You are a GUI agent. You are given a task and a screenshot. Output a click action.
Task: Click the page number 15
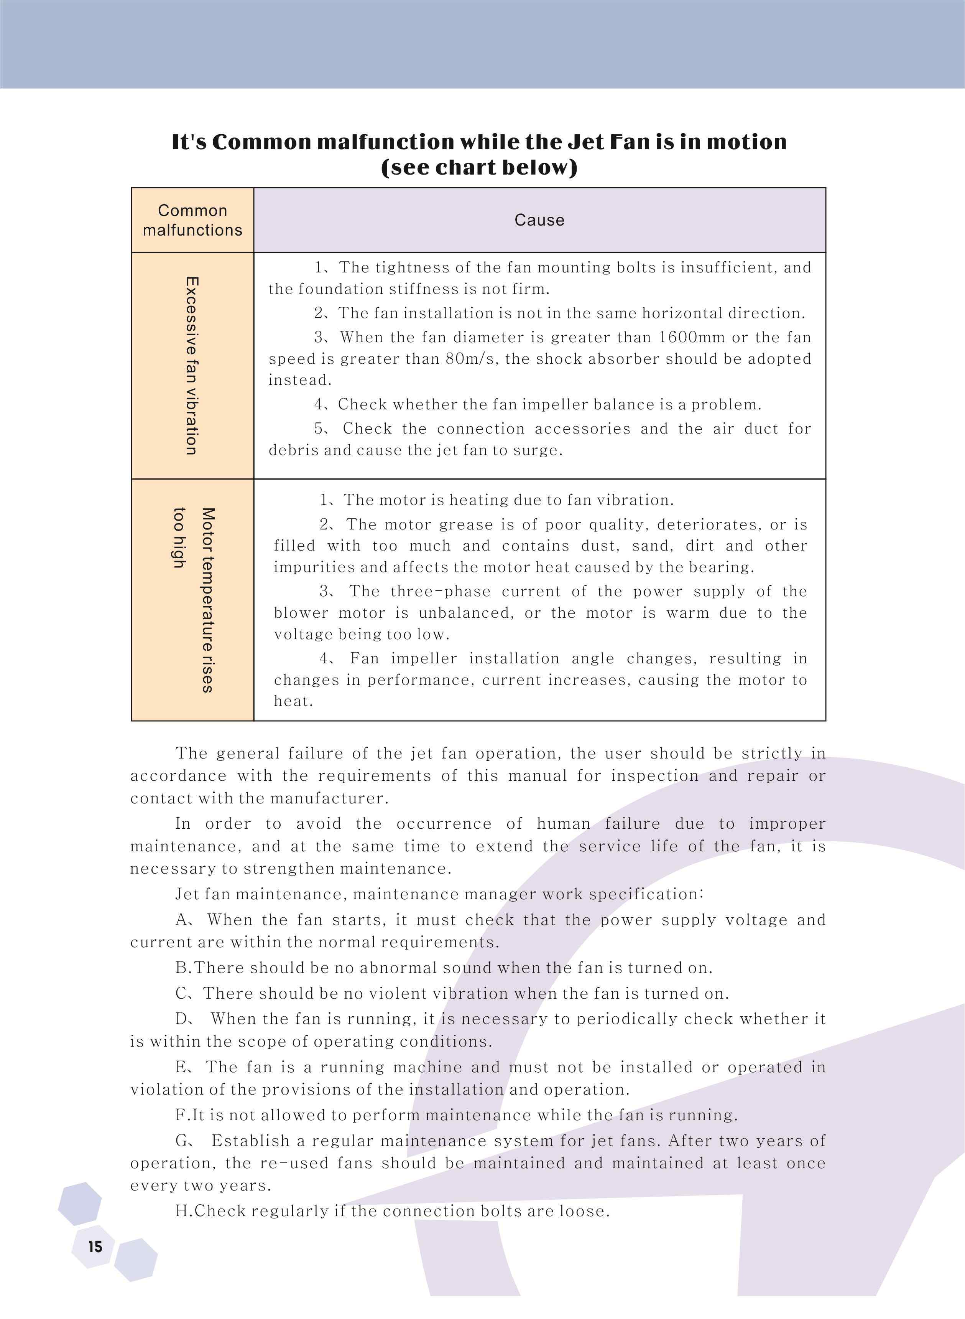point(95,1246)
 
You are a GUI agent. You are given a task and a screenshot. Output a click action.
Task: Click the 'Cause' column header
point(539,220)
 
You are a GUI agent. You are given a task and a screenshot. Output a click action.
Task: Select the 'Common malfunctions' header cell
point(192,220)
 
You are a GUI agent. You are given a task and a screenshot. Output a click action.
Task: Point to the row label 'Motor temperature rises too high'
point(194,600)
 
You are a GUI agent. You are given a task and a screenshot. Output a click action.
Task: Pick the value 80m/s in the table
point(472,359)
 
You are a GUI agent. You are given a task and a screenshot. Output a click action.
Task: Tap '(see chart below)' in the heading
point(479,168)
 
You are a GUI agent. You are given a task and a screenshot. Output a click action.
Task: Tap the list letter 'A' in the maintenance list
point(182,920)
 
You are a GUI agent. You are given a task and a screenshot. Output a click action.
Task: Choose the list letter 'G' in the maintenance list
point(182,1141)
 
